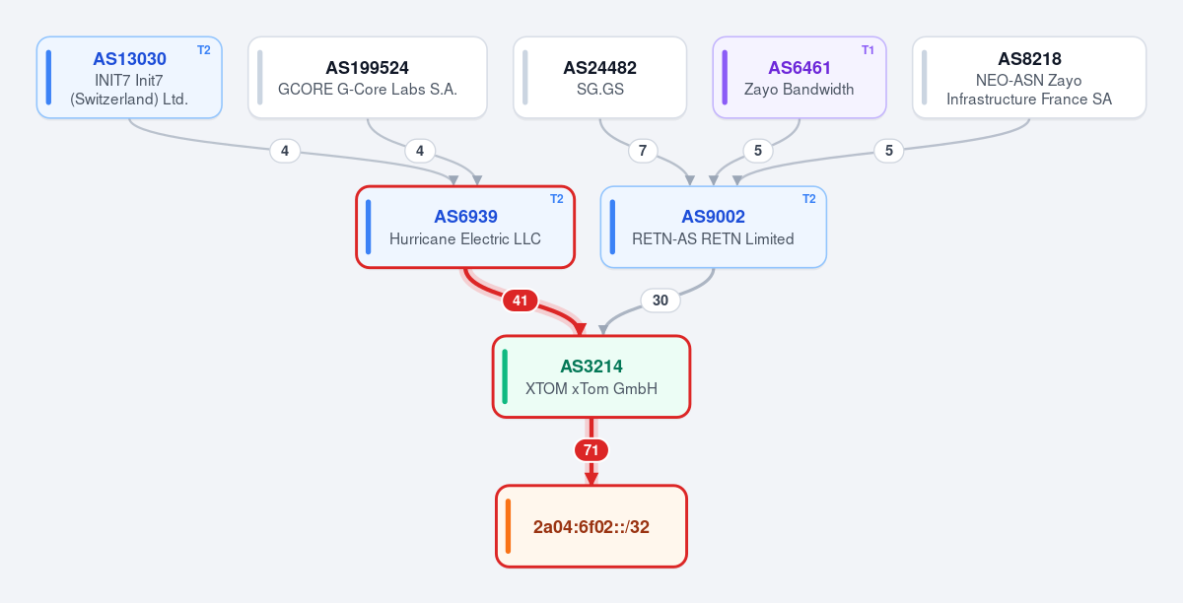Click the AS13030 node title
point(129,58)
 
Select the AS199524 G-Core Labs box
point(368,78)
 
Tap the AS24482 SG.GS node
point(600,78)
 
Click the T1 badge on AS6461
point(868,50)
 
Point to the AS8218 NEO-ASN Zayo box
point(1029,78)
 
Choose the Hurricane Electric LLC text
point(465,239)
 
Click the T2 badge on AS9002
point(809,199)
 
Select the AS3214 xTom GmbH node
point(591,376)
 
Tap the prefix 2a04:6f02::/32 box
point(591,526)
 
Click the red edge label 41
point(521,301)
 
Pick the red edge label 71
point(591,450)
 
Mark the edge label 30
point(661,301)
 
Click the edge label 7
point(643,151)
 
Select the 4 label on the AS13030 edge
point(285,151)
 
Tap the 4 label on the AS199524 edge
point(420,151)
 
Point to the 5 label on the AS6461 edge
point(758,151)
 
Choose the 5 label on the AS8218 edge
point(889,151)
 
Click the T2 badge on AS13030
point(204,50)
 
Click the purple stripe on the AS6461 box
point(725,78)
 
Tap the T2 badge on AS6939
point(557,199)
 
